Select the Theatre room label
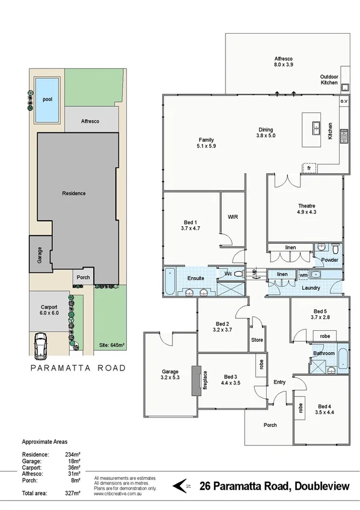pyautogui.click(x=307, y=209)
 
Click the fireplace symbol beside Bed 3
pyautogui.click(x=196, y=380)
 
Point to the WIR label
pyautogui.click(x=233, y=217)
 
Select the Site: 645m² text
pyautogui.click(x=111, y=346)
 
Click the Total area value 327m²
pyautogui.click(x=72, y=493)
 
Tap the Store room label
pyautogui.click(x=257, y=340)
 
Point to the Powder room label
pyautogui.click(x=329, y=260)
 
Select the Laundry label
pyautogui.click(x=311, y=287)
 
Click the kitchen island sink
pyautogui.click(x=315, y=127)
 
